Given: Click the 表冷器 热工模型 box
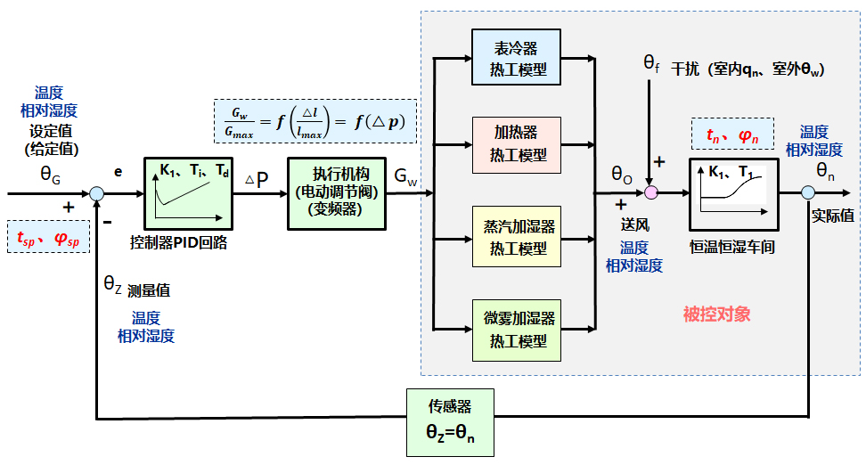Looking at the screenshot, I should pyautogui.click(x=517, y=58).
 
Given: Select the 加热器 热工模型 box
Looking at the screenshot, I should pyautogui.click(x=517, y=145).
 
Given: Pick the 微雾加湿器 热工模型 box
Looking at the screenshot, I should pyautogui.click(x=517, y=329).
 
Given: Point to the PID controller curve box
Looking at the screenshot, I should pyautogui.click(x=188, y=192).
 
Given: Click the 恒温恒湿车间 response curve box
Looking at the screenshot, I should pyautogui.click(x=732, y=192).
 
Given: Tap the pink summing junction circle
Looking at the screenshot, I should pyautogui.click(x=651, y=192).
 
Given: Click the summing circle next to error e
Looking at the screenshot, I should pyautogui.click(x=95, y=192).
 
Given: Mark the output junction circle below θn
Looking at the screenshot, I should pyautogui.click(x=807, y=192).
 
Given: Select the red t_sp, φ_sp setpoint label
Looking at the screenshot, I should pyautogui.click(x=48, y=238).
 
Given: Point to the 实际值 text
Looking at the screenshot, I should pyautogui.click(x=833, y=216).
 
